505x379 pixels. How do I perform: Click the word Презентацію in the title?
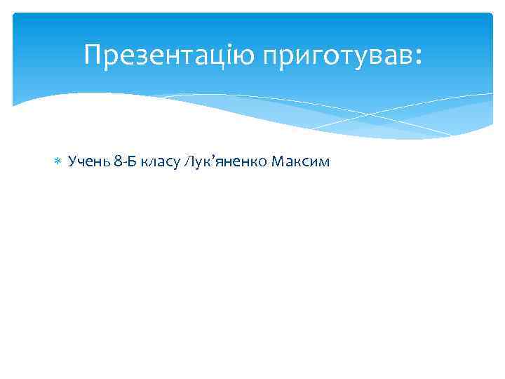pyautogui.click(x=170, y=54)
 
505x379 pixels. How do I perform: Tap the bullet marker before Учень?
pyautogui.click(x=58, y=162)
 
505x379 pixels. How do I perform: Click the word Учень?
pyautogui.click(x=88, y=162)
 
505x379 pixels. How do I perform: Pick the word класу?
pyautogui.click(x=160, y=163)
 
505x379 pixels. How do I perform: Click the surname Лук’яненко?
pyautogui.click(x=223, y=162)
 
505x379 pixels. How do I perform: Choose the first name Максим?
pyautogui.click(x=300, y=162)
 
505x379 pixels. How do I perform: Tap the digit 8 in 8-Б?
pyautogui.click(x=117, y=162)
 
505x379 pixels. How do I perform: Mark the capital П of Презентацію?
pyautogui.click(x=91, y=54)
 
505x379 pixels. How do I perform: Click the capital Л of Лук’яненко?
pyautogui.click(x=189, y=162)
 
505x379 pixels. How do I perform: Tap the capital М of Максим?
pyautogui.click(x=276, y=162)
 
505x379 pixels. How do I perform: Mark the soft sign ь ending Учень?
pyautogui.click(x=105, y=163)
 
